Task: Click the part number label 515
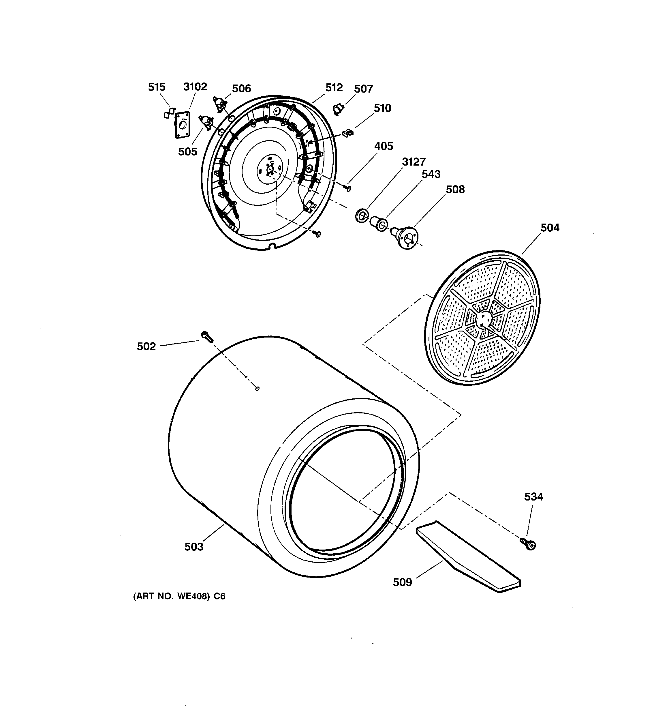157,87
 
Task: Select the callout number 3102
195,87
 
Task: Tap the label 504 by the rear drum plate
550,228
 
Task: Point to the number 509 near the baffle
402,582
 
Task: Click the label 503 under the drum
194,547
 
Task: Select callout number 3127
414,162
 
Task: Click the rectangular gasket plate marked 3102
182,124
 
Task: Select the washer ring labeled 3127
361,216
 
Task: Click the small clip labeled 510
348,133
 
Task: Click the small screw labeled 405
348,188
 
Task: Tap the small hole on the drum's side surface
257,388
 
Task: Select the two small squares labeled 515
169,113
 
